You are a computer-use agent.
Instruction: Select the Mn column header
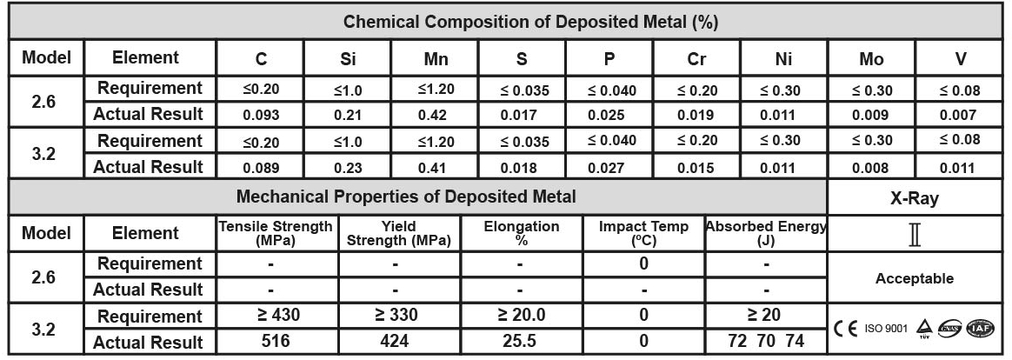pyautogui.click(x=436, y=59)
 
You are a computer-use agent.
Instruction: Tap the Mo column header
pyautogui.click(x=870, y=59)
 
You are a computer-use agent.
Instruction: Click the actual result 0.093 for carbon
pyautogui.click(x=261, y=115)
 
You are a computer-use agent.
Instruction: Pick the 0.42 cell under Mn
pyautogui.click(x=436, y=115)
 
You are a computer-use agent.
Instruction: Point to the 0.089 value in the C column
pyautogui.click(x=261, y=168)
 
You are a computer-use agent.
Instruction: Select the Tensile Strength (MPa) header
pyautogui.click(x=276, y=232)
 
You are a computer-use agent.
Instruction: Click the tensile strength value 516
pyautogui.click(x=276, y=342)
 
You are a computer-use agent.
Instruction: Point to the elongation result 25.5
pyautogui.click(x=519, y=342)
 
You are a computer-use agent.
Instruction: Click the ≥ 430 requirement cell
pyautogui.click(x=276, y=316)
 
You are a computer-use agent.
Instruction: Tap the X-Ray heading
pyautogui.click(x=914, y=198)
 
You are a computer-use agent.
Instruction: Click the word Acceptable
pyautogui.click(x=914, y=279)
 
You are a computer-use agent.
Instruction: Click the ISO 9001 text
pyautogui.click(x=885, y=329)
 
